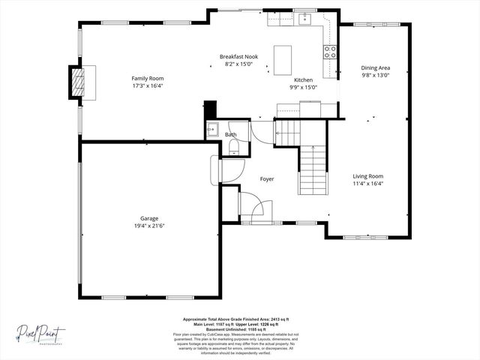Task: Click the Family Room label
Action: tap(148, 78)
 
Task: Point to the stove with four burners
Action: tap(329, 52)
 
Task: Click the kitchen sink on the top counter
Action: tap(306, 19)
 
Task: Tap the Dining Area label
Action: tap(376, 67)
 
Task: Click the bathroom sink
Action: tap(212, 127)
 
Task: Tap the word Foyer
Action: tap(267, 179)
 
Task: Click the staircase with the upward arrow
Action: tap(314, 169)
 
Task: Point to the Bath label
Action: tap(231, 135)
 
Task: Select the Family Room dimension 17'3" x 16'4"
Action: tap(148, 85)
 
